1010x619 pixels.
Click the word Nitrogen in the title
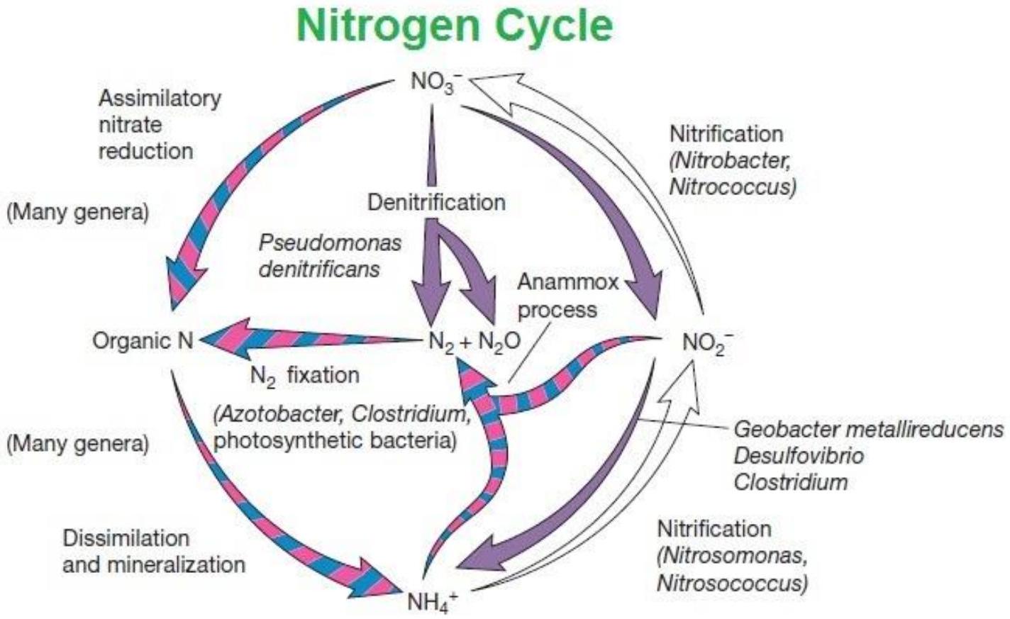(387, 26)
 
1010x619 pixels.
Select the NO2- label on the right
(708, 344)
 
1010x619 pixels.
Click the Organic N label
(143, 341)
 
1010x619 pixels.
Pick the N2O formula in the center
(499, 341)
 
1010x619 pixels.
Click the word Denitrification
(436, 202)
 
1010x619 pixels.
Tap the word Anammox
(568, 282)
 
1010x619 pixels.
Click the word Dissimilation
(126, 538)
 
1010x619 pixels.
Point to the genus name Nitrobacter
(730, 161)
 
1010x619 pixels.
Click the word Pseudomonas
(330, 243)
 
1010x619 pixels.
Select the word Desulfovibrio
(799, 456)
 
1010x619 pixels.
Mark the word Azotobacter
(279, 414)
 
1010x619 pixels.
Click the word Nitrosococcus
(733, 584)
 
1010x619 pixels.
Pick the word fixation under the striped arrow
(323, 375)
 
